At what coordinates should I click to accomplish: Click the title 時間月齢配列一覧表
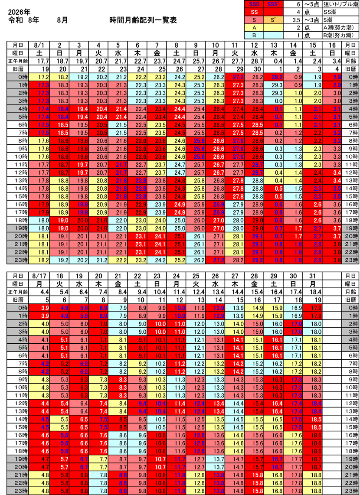tap(143, 20)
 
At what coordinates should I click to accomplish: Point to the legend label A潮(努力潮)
tap(337, 27)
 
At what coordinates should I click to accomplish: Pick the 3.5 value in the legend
tap(297, 20)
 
